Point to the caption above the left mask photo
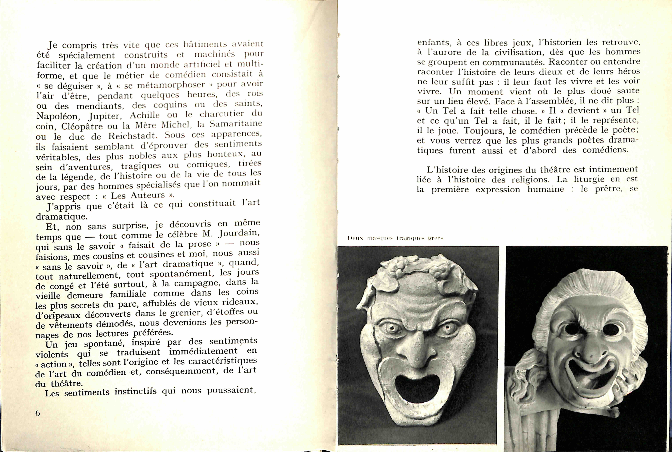395,238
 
